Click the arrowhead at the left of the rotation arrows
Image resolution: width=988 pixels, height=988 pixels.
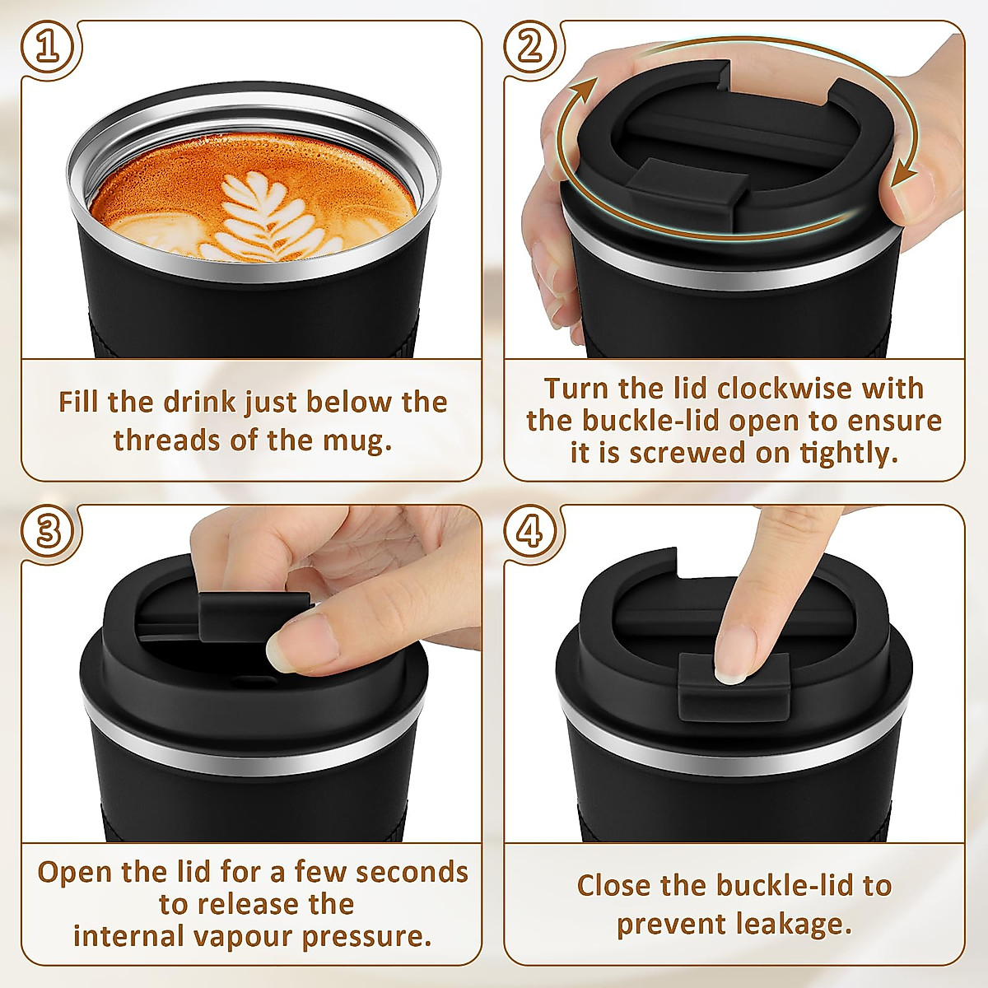click(x=585, y=86)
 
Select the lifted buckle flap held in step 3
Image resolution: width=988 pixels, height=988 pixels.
click(x=247, y=613)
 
